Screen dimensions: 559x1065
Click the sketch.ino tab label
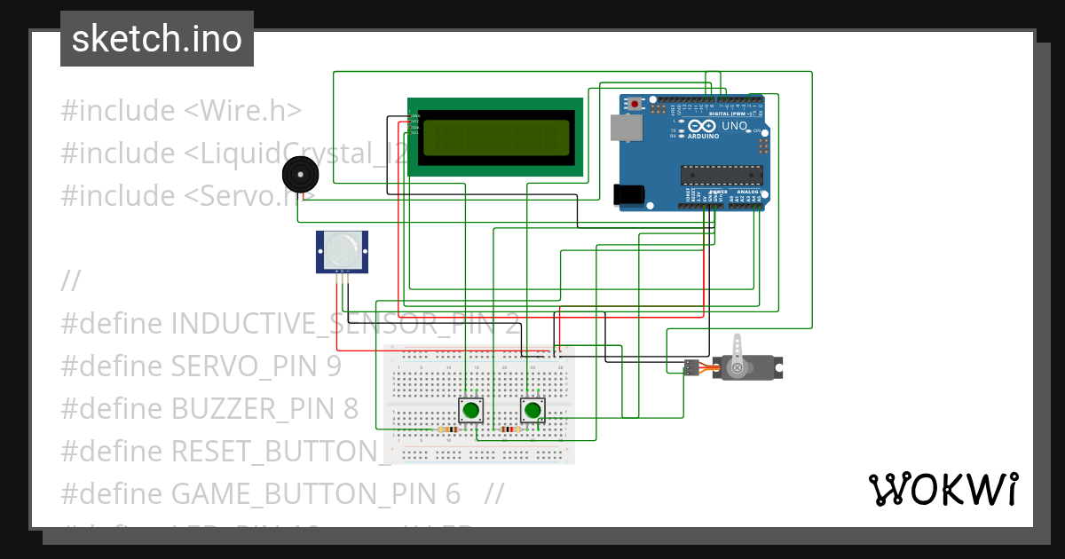pos(157,39)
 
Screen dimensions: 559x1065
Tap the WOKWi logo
pos(943,489)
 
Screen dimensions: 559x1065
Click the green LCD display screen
pos(496,138)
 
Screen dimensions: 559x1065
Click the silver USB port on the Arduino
pos(628,129)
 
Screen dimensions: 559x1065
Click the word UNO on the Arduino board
pos(734,126)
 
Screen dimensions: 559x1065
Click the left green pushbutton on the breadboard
pos(470,410)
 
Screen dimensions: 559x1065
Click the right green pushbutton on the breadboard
pos(532,410)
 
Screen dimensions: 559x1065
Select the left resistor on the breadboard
pos(449,429)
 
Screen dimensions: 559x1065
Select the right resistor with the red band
pos(509,429)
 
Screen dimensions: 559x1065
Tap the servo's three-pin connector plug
pos(690,366)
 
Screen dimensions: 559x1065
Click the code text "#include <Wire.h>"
pos(181,111)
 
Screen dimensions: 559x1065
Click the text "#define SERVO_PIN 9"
pos(201,366)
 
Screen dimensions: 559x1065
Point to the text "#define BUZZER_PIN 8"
pos(209,408)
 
